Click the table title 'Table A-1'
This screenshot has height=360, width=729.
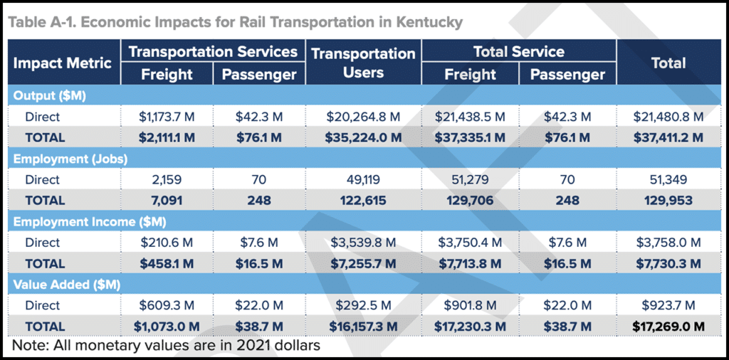pos(236,21)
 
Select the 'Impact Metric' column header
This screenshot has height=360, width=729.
pos(63,63)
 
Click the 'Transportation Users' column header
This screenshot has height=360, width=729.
pos(363,63)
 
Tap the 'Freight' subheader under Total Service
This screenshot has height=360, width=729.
pos(470,74)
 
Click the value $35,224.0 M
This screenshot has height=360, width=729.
pos(363,137)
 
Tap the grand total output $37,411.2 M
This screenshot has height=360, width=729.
pos(668,137)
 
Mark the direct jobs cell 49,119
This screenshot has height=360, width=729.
pos(363,180)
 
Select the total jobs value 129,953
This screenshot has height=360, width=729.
pos(668,201)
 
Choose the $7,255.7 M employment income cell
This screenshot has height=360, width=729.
pos(363,263)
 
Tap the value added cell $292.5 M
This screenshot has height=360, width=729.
pos(363,305)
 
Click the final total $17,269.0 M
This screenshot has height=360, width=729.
pos(668,327)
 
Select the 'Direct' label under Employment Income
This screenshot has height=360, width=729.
pos(43,243)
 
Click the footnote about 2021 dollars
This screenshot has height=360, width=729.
pos(165,346)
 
